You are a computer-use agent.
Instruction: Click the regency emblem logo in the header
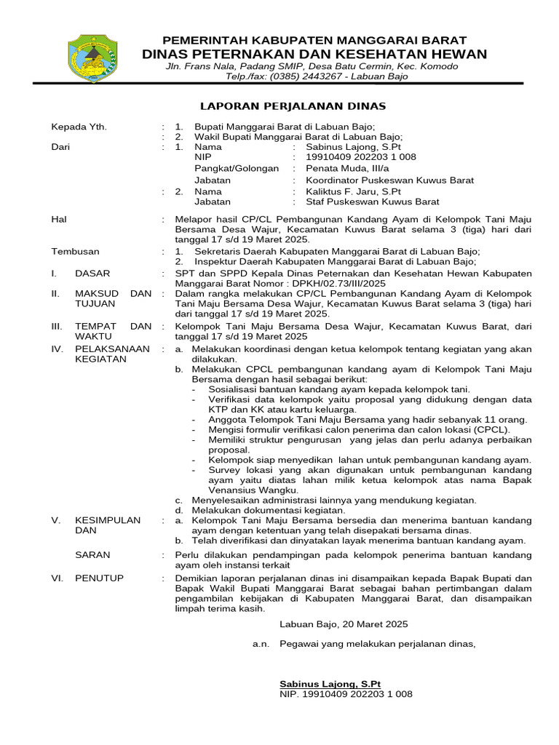(92, 62)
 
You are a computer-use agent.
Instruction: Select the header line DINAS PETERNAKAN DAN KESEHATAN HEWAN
(314, 55)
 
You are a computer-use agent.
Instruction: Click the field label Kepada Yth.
(79, 127)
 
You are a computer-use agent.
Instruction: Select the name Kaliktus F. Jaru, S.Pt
(349, 191)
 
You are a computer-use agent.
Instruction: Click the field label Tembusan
(75, 251)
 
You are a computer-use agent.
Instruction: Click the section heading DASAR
(93, 274)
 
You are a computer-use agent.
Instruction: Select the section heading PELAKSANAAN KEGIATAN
(111, 354)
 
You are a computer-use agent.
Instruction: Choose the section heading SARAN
(93, 554)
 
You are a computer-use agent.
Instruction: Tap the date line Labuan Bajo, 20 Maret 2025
(344, 624)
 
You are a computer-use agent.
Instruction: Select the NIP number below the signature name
(346, 694)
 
